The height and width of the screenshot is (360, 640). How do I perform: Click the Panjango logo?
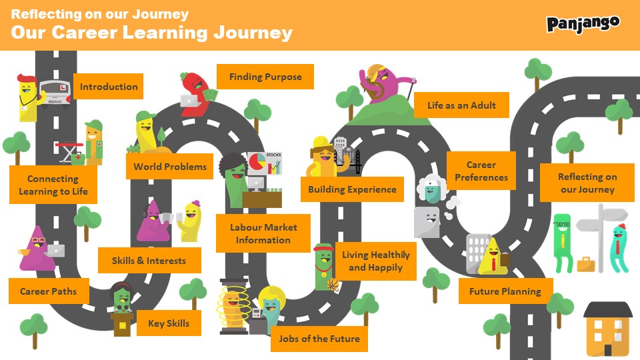pos(583,24)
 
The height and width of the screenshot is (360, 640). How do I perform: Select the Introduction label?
pos(109,87)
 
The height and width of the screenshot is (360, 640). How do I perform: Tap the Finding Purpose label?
pos(265,77)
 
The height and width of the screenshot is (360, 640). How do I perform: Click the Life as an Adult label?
pos(461,105)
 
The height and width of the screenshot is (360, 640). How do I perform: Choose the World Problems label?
pos(169,167)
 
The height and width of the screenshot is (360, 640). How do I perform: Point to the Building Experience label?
pos(352,189)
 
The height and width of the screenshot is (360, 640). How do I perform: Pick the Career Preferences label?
pos(481,171)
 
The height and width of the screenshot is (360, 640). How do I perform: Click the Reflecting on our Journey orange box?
pos(587,183)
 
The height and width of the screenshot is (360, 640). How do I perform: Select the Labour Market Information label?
pos(263,233)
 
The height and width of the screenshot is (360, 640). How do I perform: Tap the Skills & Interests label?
pos(149,261)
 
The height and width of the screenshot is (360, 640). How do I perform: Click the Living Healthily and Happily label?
pos(376,261)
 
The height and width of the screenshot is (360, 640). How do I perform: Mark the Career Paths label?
pos(48,291)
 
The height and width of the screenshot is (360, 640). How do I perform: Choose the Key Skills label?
pos(169,323)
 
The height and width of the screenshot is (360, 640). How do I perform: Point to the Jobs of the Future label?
pos(319,339)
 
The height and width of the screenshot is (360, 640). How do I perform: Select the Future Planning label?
pos(505,291)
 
